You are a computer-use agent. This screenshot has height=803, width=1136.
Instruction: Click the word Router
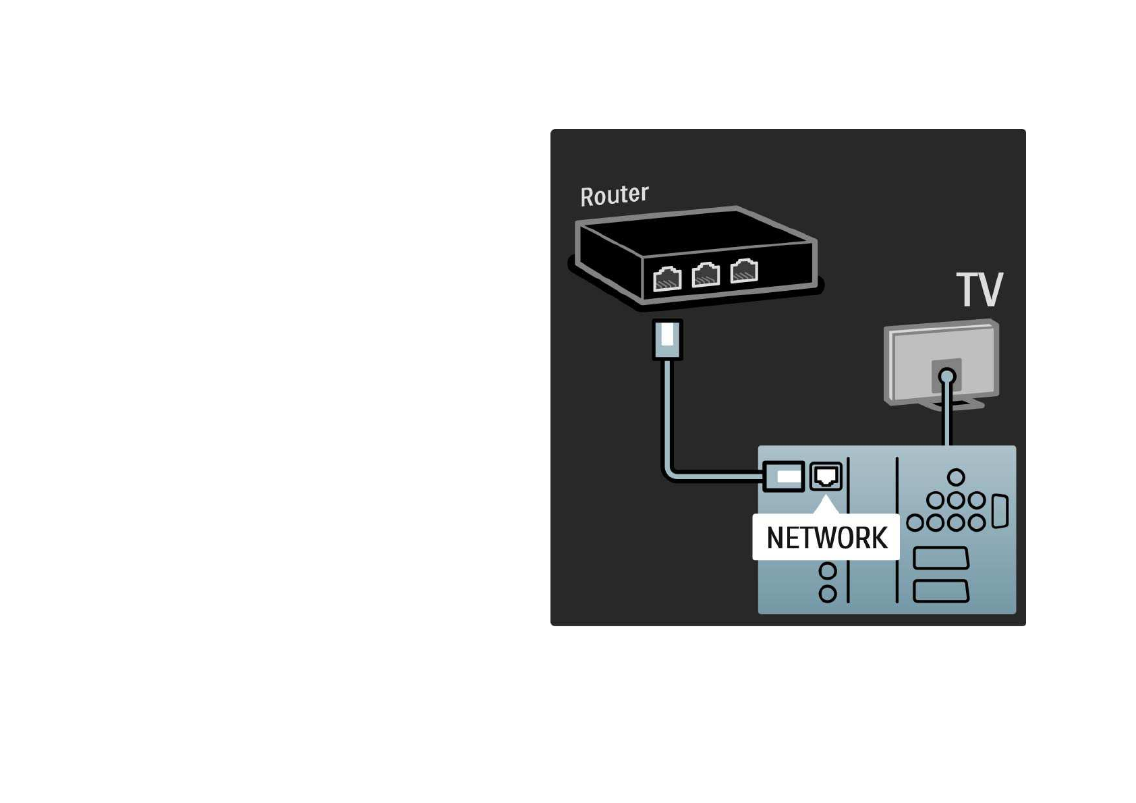click(x=614, y=195)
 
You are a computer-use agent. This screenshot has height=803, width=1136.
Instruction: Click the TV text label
click(x=979, y=290)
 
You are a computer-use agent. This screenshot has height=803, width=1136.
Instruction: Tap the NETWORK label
click(x=826, y=538)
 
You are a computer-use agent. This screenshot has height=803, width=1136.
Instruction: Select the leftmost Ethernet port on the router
click(x=667, y=278)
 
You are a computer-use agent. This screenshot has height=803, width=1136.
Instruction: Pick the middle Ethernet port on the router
click(x=706, y=274)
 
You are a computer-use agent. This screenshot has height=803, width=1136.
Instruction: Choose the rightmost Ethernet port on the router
click(x=744, y=270)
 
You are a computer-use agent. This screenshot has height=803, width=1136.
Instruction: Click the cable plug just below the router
click(x=667, y=339)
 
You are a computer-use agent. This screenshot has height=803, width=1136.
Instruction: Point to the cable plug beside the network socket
click(x=784, y=476)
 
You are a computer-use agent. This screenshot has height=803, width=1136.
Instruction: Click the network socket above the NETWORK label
click(x=826, y=476)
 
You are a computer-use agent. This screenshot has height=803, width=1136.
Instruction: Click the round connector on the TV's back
click(x=947, y=376)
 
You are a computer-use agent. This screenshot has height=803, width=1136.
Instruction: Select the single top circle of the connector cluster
click(x=956, y=478)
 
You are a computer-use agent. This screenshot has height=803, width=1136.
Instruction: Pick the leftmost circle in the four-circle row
click(x=915, y=523)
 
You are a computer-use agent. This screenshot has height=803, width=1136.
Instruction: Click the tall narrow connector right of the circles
click(x=1000, y=511)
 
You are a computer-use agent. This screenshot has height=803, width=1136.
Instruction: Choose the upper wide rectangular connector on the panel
click(x=940, y=558)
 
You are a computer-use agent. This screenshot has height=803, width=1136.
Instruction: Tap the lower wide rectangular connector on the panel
click(x=940, y=591)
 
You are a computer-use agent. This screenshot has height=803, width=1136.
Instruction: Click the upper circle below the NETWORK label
click(x=828, y=572)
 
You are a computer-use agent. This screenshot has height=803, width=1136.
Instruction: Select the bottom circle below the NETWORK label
click(x=828, y=594)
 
